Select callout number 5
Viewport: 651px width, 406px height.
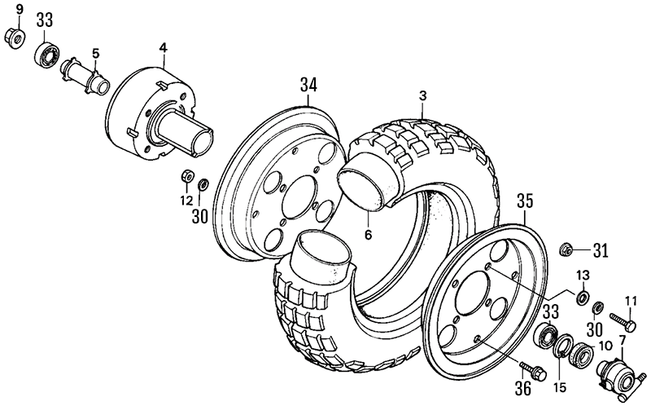tap(95, 54)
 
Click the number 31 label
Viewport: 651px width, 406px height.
tap(600, 249)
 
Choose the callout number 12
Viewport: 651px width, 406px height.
tap(186, 201)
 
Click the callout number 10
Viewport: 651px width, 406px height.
tap(605, 345)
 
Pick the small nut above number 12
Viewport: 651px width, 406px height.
tap(186, 175)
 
